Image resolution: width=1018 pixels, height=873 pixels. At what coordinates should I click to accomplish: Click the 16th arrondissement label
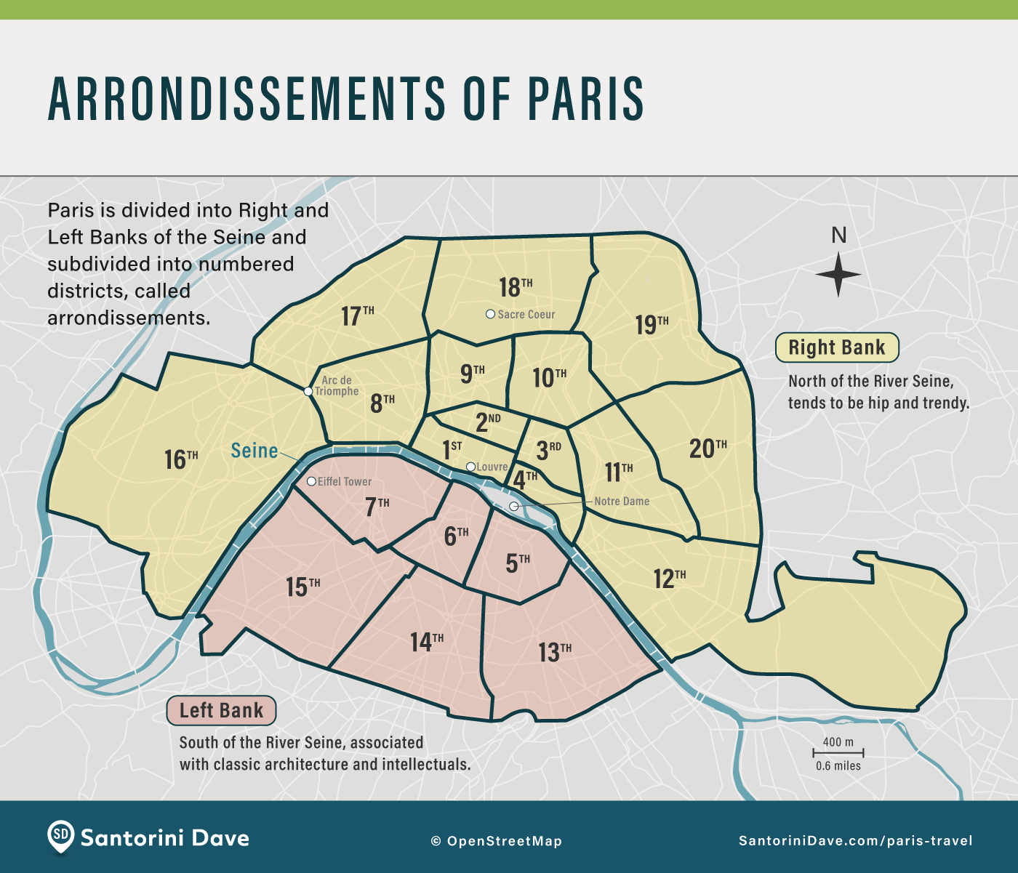(x=180, y=459)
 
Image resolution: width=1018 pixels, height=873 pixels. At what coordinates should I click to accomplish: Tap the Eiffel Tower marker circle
(x=311, y=481)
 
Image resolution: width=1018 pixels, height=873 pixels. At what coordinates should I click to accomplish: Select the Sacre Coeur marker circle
(x=490, y=314)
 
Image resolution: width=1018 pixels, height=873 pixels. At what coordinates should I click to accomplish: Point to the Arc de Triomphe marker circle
(x=308, y=391)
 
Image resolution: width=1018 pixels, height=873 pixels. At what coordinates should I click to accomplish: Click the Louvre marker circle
(x=470, y=467)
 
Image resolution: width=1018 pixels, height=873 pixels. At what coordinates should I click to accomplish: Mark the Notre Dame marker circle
(x=513, y=506)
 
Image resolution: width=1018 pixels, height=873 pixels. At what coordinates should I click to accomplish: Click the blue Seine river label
(x=254, y=451)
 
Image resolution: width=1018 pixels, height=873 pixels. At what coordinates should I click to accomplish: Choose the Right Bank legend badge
(x=837, y=347)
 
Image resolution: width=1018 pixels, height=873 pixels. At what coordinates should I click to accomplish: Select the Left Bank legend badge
(x=221, y=710)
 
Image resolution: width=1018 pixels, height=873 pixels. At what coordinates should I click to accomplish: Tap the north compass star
(x=838, y=275)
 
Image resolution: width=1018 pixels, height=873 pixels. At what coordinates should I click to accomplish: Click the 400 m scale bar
(x=838, y=753)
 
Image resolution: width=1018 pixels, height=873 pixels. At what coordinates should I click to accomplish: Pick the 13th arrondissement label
(x=554, y=652)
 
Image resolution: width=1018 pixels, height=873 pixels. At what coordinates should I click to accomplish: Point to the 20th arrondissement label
(x=708, y=448)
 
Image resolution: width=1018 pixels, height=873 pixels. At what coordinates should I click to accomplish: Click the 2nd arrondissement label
(x=488, y=422)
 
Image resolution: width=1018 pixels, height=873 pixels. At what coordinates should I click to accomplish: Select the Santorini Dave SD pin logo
(x=61, y=837)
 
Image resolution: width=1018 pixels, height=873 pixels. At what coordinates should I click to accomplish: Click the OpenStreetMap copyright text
(x=497, y=841)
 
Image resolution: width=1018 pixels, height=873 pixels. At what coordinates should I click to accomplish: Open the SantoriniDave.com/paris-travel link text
(x=855, y=841)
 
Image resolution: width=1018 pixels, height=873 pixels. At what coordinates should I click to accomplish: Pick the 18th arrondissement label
(x=515, y=287)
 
